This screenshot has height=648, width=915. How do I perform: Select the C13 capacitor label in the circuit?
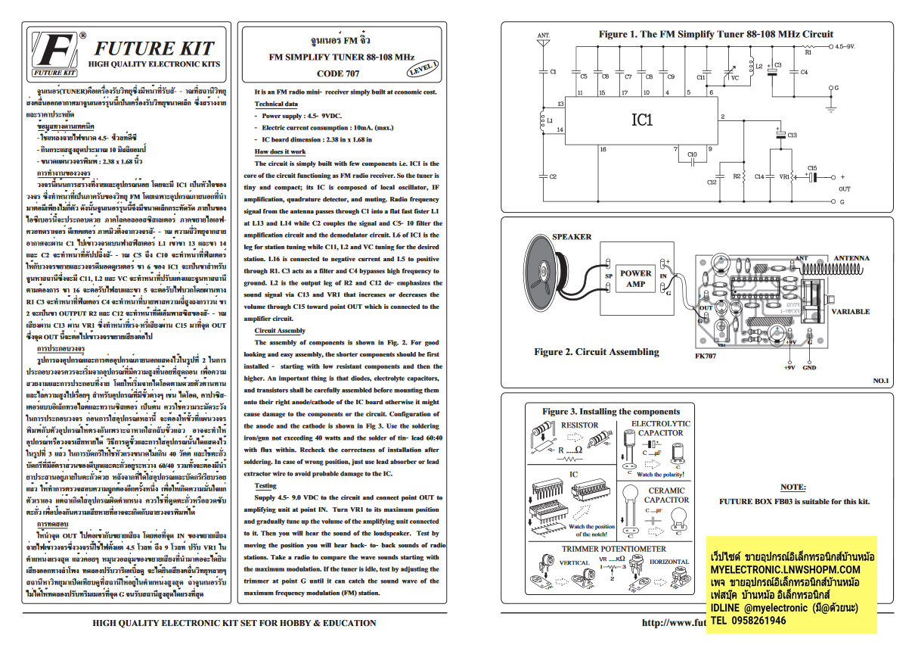[x=792, y=135]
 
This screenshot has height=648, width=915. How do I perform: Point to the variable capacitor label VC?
[x=734, y=77]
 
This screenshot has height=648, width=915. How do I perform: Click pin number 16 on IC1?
[x=603, y=149]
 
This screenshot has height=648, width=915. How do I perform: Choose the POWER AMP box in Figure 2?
[x=635, y=279]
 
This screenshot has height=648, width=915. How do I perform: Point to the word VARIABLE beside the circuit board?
[x=850, y=311]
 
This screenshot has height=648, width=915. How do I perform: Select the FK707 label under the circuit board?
[x=705, y=354]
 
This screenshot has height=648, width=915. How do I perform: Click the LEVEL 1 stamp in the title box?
[x=423, y=67]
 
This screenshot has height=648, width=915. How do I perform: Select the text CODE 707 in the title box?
[x=338, y=73]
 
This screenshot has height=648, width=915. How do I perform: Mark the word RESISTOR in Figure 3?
[x=578, y=425]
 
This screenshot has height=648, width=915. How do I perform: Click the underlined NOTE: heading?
[x=792, y=487]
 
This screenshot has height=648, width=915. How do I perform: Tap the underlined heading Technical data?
[x=276, y=104]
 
